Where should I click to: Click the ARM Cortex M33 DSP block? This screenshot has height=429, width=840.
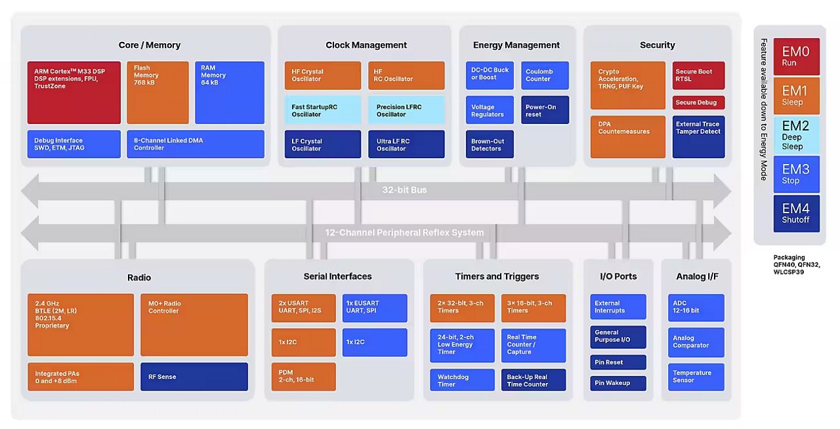point(73,92)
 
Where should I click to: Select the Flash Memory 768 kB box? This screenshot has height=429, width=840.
point(157,92)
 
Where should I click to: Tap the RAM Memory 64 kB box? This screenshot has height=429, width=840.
point(230,92)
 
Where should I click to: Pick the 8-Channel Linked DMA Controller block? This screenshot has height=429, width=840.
point(196,144)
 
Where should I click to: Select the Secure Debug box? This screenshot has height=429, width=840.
point(699,102)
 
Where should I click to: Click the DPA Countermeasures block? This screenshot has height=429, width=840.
point(627,136)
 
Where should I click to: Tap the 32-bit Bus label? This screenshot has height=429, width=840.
point(404,190)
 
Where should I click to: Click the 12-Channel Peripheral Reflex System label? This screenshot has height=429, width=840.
point(404,232)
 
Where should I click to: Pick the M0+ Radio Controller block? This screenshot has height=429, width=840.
point(194,325)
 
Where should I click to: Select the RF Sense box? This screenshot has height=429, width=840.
point(194,377)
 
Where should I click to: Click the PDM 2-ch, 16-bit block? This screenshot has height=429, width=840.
point(303,377)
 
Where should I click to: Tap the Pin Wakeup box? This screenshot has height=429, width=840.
point(618,382)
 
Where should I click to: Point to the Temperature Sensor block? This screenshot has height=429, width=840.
point(696,377)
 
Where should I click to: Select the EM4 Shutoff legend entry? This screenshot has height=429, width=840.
point(796,213)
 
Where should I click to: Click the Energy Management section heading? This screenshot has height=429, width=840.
point(516,45)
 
